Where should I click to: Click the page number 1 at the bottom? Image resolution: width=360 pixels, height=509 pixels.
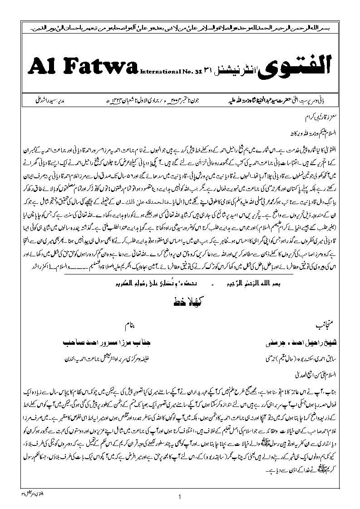coord(180,496)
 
